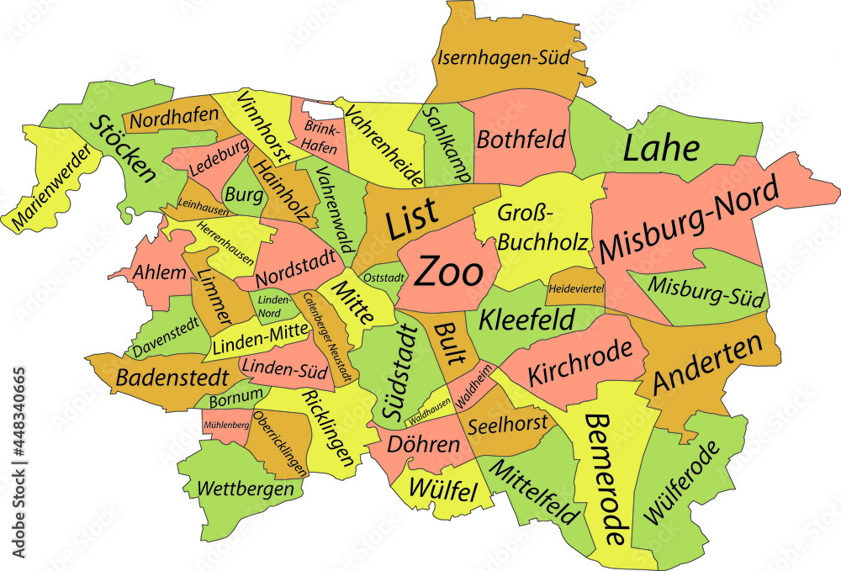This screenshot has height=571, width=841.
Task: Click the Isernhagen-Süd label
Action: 503,58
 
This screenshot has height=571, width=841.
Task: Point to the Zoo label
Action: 450,272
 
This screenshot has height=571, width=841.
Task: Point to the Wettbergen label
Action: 246,488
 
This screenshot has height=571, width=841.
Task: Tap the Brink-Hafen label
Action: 320,137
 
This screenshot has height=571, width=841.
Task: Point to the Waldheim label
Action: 475,390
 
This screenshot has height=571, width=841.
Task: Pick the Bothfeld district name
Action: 521,140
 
